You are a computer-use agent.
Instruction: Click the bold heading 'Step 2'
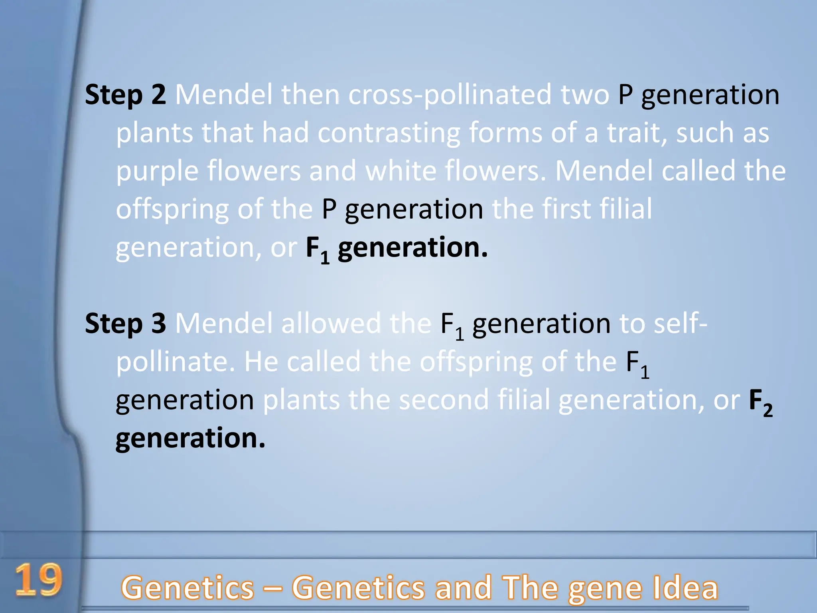[125, 95]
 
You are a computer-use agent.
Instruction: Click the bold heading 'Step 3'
[125, 323]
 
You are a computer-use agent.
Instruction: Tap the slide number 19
[39, 580]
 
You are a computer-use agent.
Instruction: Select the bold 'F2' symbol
[760, 401]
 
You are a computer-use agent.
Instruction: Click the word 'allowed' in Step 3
[331, 323]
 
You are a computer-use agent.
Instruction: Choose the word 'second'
[444, 399]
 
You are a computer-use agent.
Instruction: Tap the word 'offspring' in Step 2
[172, 210]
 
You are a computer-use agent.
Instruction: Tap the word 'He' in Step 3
[261, 362]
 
